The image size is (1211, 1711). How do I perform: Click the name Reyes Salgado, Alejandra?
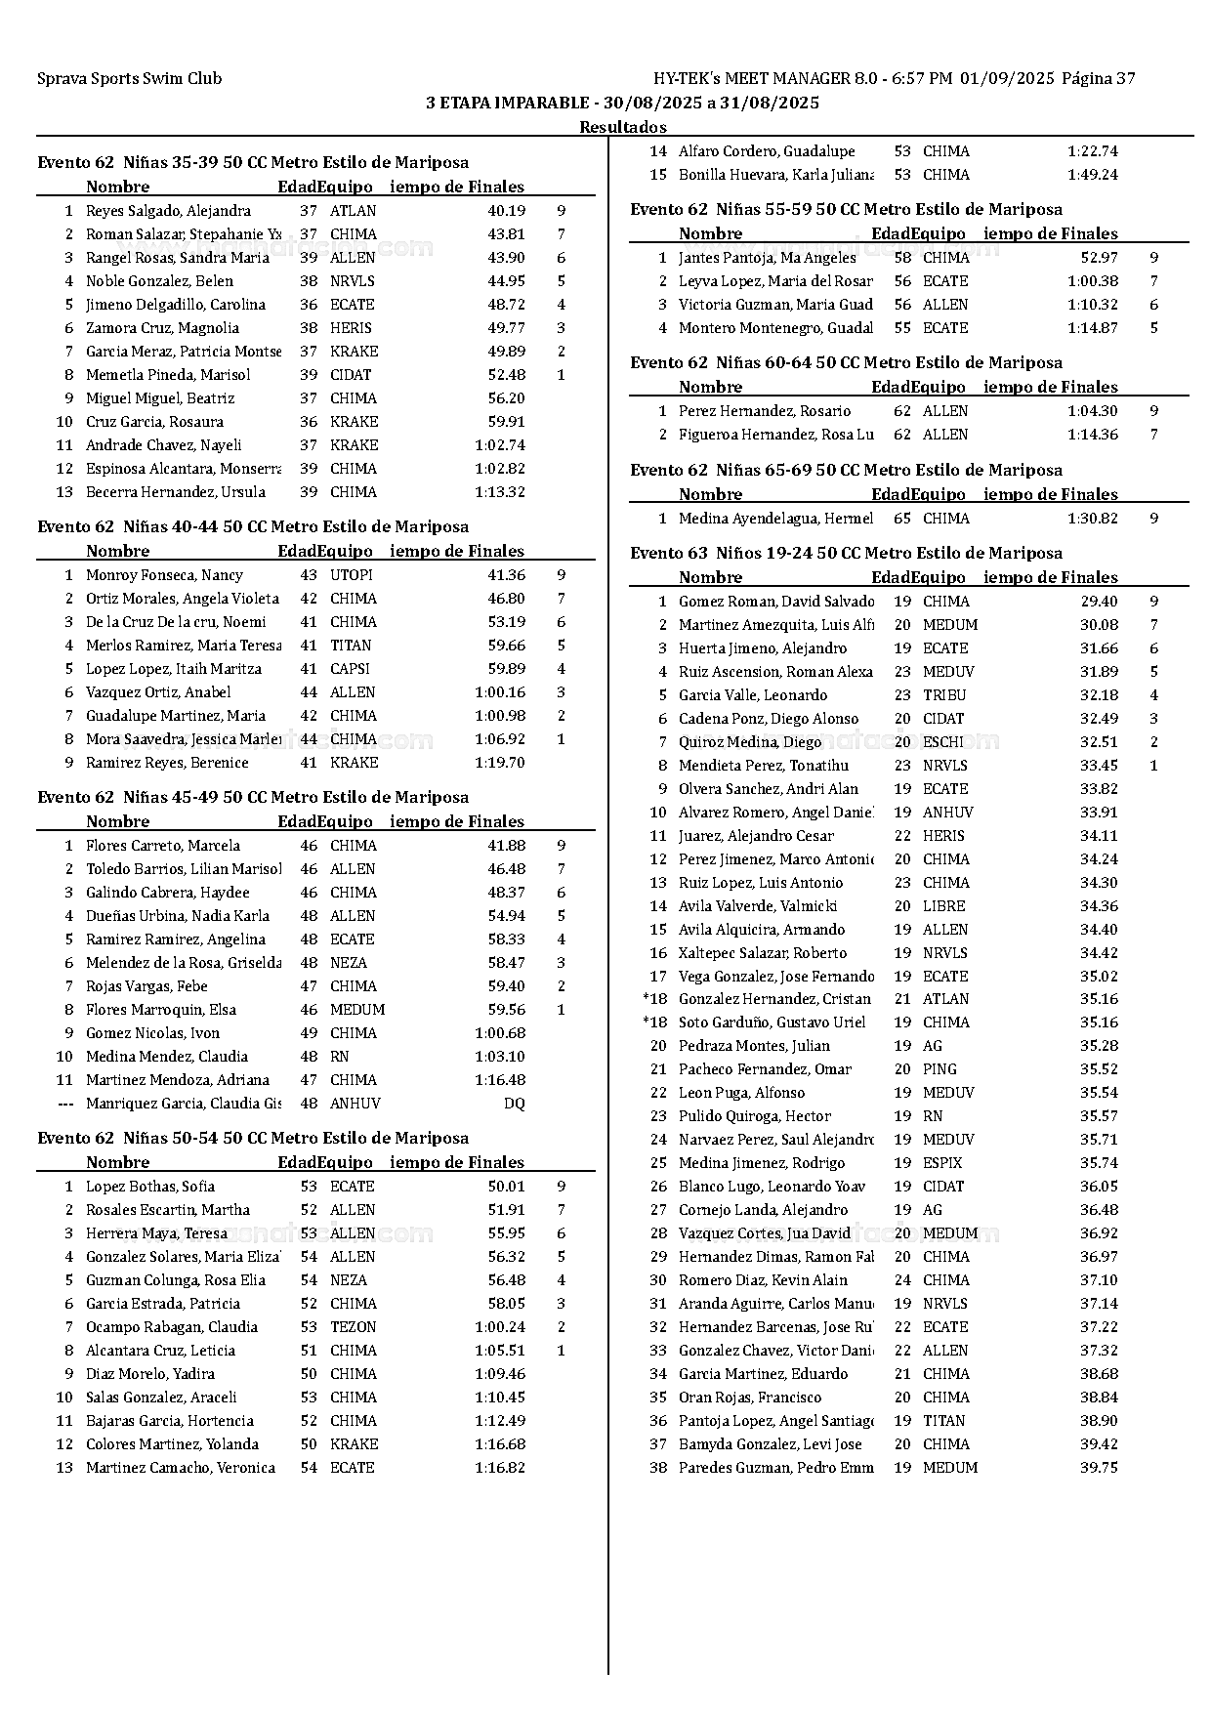tap(168, 211)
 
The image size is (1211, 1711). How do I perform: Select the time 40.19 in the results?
tap(506, 211)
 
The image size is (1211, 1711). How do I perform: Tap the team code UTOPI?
tap(352, 575)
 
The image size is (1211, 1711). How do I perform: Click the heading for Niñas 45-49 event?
tap(253, 797)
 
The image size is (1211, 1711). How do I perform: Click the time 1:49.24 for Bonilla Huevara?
tap(1092, 175)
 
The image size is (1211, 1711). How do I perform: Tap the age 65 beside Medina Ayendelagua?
tap(902, 519)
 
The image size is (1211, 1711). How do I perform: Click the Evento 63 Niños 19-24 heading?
tap(846, 553)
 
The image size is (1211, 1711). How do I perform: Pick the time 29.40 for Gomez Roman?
tap(1099, 602)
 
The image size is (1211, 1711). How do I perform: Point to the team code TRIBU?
tap(944, 695)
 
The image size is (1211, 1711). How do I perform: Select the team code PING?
tap(940, 1069)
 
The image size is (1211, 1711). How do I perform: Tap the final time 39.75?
tap(1099, 1468)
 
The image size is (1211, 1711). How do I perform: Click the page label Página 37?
tap(1098, 79)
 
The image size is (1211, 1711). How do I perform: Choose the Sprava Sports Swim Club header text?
tap(129, 79)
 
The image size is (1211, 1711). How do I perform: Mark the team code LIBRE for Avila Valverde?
tap(943, 906)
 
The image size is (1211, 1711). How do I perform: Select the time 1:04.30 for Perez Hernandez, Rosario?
tap(1092, 411)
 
